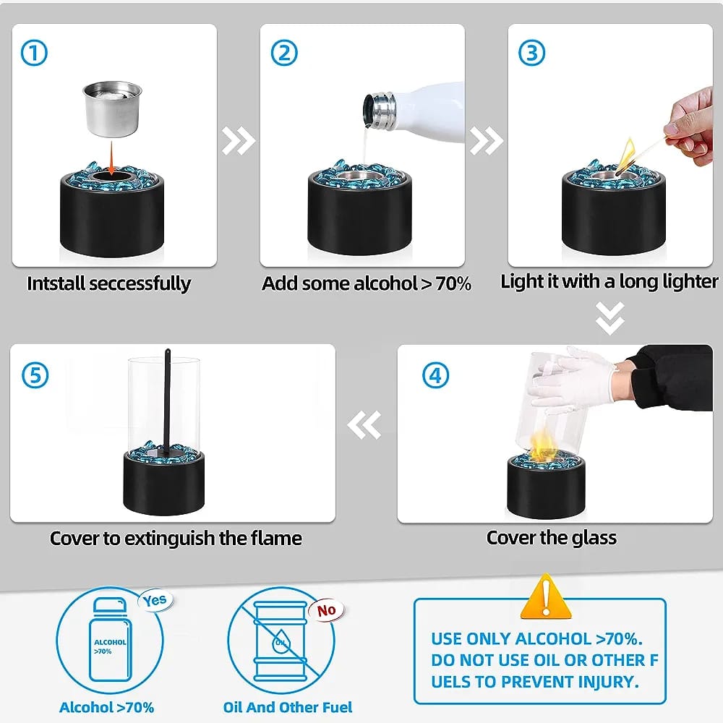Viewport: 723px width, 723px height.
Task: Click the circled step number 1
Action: point(34,53)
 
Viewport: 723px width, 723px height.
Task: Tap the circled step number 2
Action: point(283,53)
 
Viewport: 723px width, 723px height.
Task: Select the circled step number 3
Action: point(531,53)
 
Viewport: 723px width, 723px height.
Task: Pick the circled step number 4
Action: point(435,375)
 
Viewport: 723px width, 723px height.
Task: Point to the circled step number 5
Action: point(35,375)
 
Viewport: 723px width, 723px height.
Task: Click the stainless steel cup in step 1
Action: point(112,109)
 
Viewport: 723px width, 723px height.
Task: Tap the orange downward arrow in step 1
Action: point(111,158)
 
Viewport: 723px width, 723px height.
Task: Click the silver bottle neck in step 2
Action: point(380,111)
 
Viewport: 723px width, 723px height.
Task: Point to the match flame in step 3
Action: point(627,153)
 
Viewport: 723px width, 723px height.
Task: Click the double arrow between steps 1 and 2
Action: point(239,140)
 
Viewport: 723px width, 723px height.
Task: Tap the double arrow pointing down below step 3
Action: point(609,318)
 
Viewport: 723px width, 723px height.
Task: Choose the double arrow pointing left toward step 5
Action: point(364,424)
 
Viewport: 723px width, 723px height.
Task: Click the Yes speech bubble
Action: point(155,601)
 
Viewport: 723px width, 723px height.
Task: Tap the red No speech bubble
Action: point(326,610)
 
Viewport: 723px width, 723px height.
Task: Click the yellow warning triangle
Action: point(546,596)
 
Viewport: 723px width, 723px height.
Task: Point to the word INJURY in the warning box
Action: point(607,682)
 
